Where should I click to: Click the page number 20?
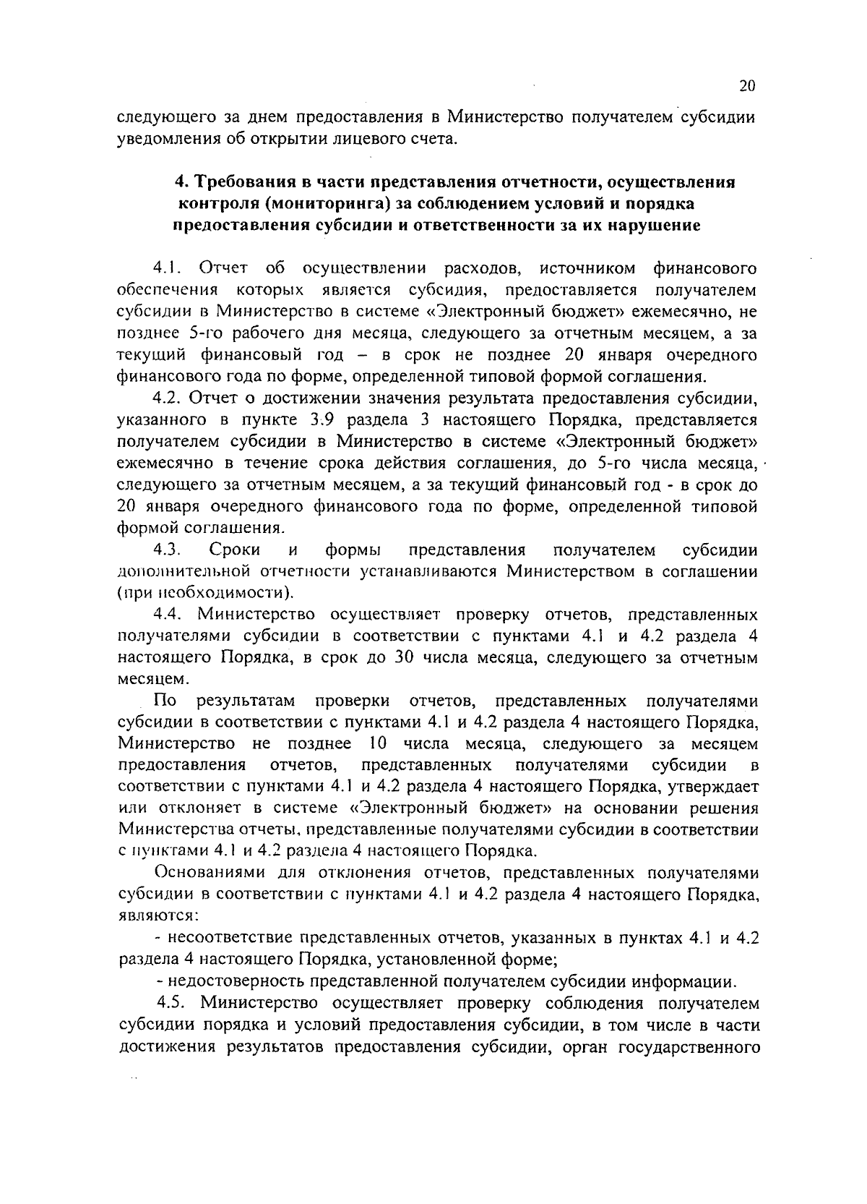747,86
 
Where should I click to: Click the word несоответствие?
230,939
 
